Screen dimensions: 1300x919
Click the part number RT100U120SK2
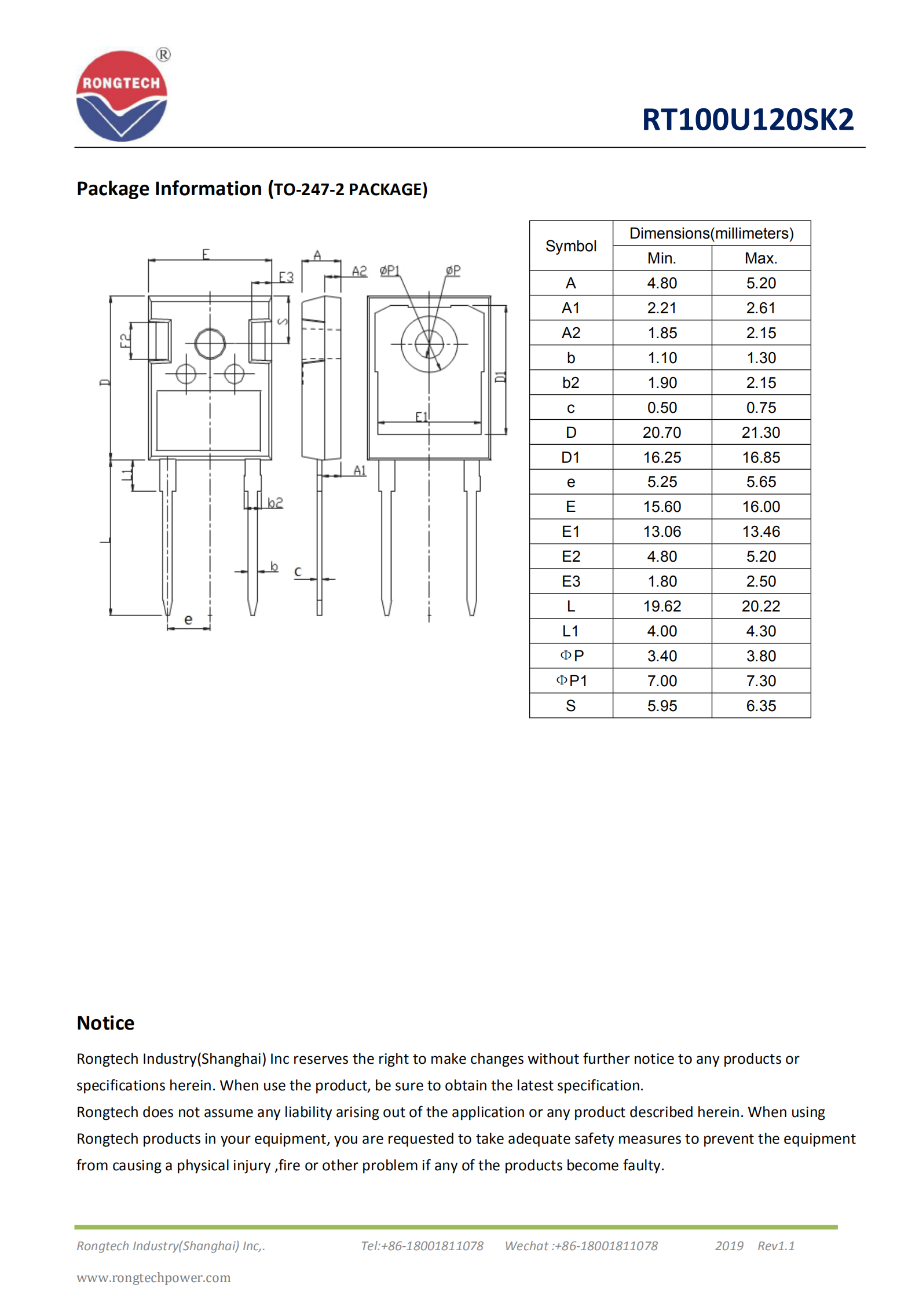pyautogui.click(x=747, y=120)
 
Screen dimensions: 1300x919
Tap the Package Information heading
pyautogui.click(x=252, y=189)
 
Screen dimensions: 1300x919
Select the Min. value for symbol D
pyautogui.click(x=661, y=433)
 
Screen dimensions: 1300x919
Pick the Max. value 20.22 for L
pyautogui.click(x=760, y=606)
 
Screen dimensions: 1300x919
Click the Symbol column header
pyautogui.click(x=570, y=246)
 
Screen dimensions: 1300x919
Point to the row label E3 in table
pyautogui.click(x=570, y=581)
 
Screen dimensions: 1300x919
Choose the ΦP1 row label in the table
pyautogui.click(x=571, y=681)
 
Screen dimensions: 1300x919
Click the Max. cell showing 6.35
pyautogui.click(x=760, y=706)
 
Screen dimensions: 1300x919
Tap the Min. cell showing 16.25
pyautogui.click(x=661, y=457)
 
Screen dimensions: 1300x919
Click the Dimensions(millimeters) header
pyautogui.click(x=711, y=233)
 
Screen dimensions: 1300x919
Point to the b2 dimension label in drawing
pyautogui.click(x=275, y=502)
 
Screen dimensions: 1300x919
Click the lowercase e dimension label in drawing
pyautogui.click(x=188, y=620)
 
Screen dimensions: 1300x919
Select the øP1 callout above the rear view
pyautogui.click(x=390, y=270)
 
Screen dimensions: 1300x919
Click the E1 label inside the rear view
pyautogui.click(x=422, y=416)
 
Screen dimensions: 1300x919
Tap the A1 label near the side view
pyautogui.click(x=360, y=470)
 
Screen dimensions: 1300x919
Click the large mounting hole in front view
pyautogui.click(x=210, y=344)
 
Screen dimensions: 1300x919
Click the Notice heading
pyautogui.click(x=105, y=1023)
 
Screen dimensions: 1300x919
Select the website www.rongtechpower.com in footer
pyautogui.click(x=153, y=1277)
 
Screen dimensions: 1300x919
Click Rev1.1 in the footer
pyautogui.click(x=775, y=1246)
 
